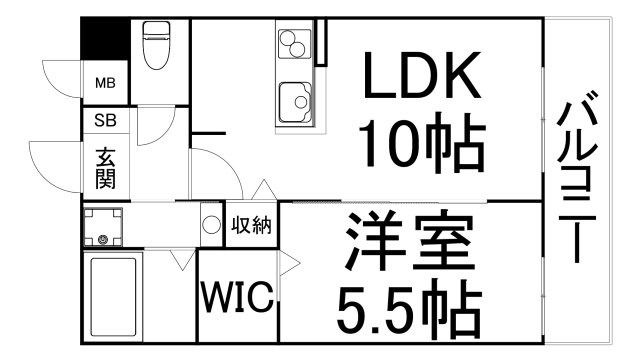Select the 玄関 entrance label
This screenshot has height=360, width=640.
point(105,169)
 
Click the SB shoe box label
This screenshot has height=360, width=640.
point(104,121)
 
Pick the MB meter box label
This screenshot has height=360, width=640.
point(104,83)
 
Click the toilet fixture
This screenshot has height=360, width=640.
point(157,45)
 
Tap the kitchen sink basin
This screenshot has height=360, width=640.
point(294,101)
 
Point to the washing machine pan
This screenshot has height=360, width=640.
point(103,227)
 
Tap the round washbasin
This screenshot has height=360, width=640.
point(211,224)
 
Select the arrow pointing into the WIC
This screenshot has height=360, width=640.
point(288,263)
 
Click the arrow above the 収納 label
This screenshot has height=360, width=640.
point(261,189)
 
